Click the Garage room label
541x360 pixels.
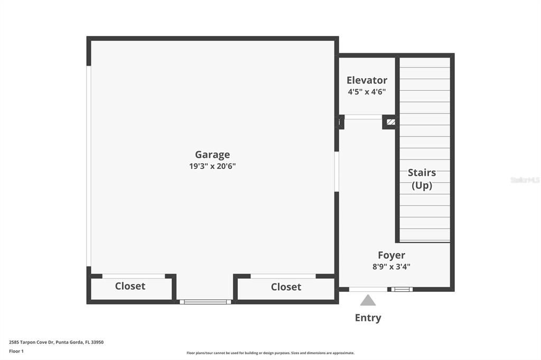click(212, 155)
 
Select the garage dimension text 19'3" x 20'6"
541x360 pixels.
click(212, 166)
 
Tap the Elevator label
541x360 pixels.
click(367, 80)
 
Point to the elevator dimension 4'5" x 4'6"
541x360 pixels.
click(367, 91)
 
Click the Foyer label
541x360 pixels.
click(391, 255)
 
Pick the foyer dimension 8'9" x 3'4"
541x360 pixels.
click(391, 267)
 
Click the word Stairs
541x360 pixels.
click(422, 173)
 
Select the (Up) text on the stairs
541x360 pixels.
click(422, 185)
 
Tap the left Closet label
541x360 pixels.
click(130, 286)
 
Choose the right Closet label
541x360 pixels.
click(286, 287)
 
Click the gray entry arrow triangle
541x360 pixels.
click(368, 301)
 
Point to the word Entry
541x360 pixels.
click(368, 318)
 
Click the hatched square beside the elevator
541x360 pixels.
click(390, 122)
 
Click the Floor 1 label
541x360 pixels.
click(16, 351)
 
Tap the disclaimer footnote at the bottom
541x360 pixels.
click(270, 353)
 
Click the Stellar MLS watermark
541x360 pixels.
click(525, 180)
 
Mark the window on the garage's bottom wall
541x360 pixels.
click(206, 302)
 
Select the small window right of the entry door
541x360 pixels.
click(402, 289)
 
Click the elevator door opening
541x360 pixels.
click(363, 117)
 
